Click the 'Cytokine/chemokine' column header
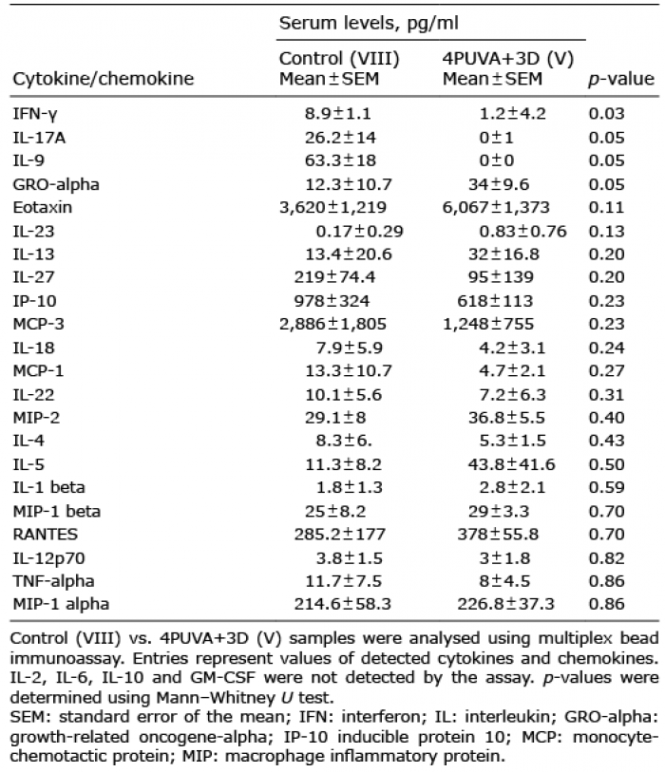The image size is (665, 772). point(103,79)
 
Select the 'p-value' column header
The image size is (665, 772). point(622,79)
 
